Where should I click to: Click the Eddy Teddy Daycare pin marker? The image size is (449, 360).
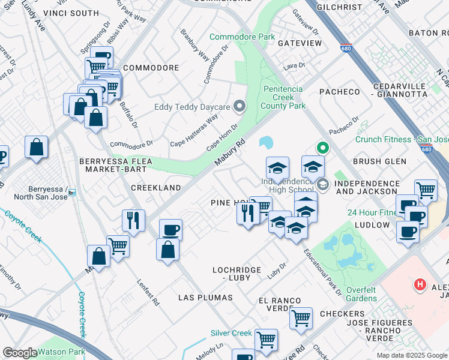click(240, 107)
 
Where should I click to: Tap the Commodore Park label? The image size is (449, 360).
click(242, 37)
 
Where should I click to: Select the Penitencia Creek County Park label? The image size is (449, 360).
click(283, 97)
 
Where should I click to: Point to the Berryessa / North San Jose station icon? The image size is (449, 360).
click(72, 193)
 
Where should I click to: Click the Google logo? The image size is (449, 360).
click(20, 353)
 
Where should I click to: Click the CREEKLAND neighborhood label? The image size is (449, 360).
click(156, 188)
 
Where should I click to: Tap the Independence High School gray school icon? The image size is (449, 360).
click(323, 184)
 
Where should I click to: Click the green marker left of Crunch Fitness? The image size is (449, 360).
click(322, 147)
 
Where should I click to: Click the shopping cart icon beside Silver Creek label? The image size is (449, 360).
click(266, 340)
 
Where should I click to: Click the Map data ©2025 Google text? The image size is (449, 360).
click(412, 355)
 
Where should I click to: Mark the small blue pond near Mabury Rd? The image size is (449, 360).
click(265, 143)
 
